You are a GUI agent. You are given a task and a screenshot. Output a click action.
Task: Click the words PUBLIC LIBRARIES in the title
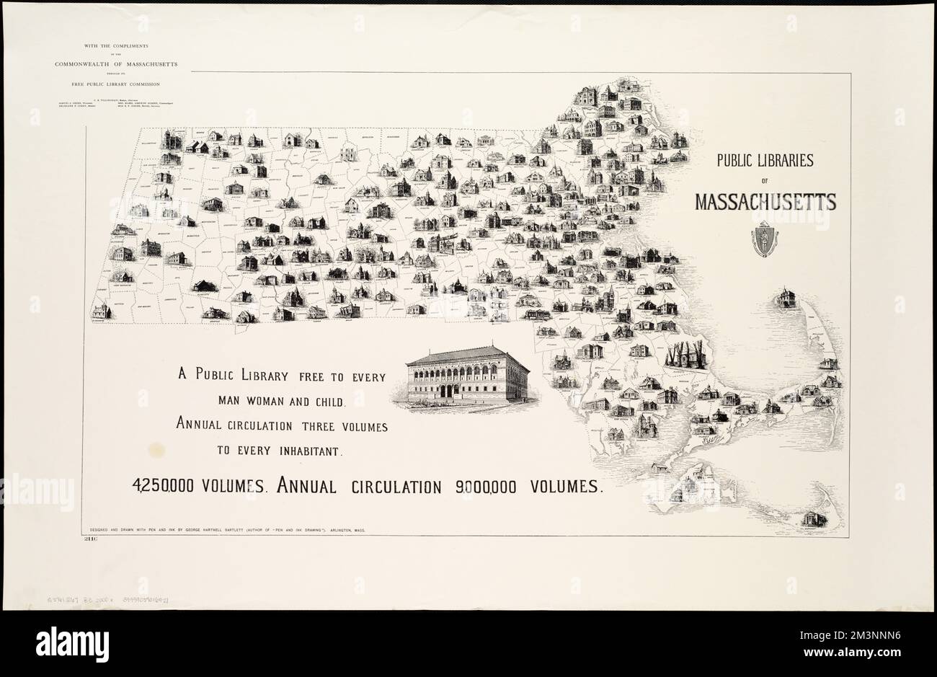pyautogui.click(x=764, y=160)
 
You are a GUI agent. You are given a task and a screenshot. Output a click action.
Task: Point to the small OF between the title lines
pyautogui.click(x=764, y=181)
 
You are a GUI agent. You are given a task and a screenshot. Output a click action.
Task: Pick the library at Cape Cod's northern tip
pyautogui.click(x=784, y=298)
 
